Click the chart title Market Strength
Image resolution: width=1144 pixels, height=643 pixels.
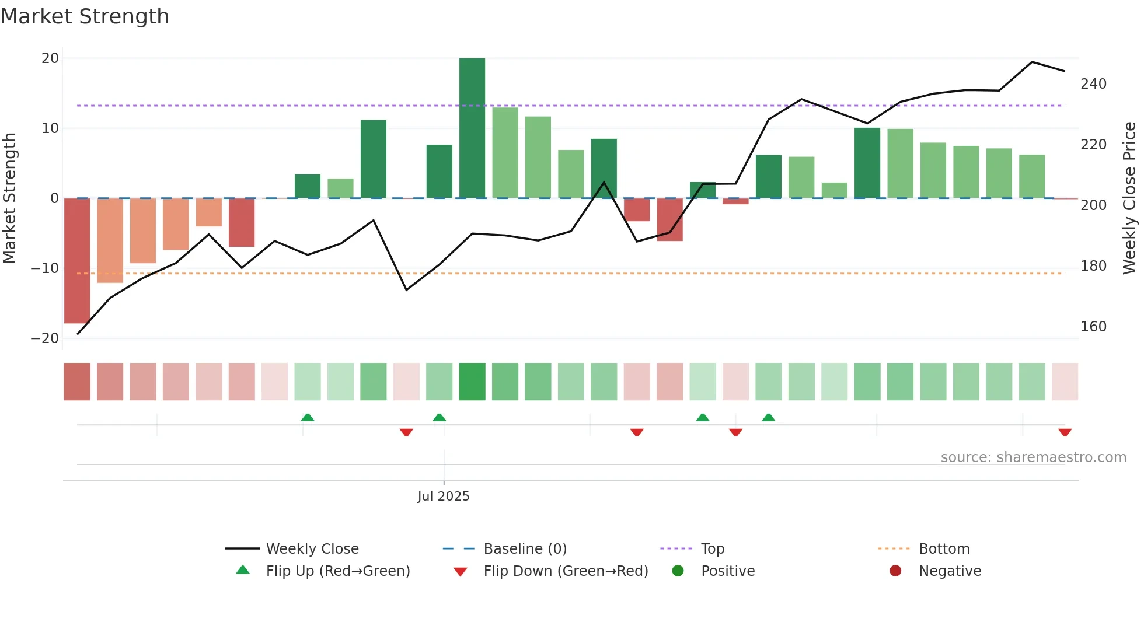coord(85,16)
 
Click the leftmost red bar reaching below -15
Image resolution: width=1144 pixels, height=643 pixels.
coord(76,260)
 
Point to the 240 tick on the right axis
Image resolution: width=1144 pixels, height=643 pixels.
coord(1093,84)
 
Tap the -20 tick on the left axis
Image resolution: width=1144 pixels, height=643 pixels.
coord(45,338)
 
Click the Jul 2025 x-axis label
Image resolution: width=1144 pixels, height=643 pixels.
coord(443,497)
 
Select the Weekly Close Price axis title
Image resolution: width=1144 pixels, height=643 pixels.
coord(1129,198)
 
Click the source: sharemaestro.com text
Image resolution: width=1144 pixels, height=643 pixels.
coord(1033,457)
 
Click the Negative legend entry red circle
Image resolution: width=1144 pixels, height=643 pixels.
coord(895,571)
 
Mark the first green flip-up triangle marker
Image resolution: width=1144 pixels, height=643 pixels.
coord(308,417)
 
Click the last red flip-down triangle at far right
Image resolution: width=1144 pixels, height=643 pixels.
coord(1065,432)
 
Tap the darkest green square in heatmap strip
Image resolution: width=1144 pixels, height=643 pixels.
coord(472,382)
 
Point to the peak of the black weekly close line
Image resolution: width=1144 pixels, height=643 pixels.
coord(1032,62)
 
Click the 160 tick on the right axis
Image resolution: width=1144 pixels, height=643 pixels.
coord(1093,327)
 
